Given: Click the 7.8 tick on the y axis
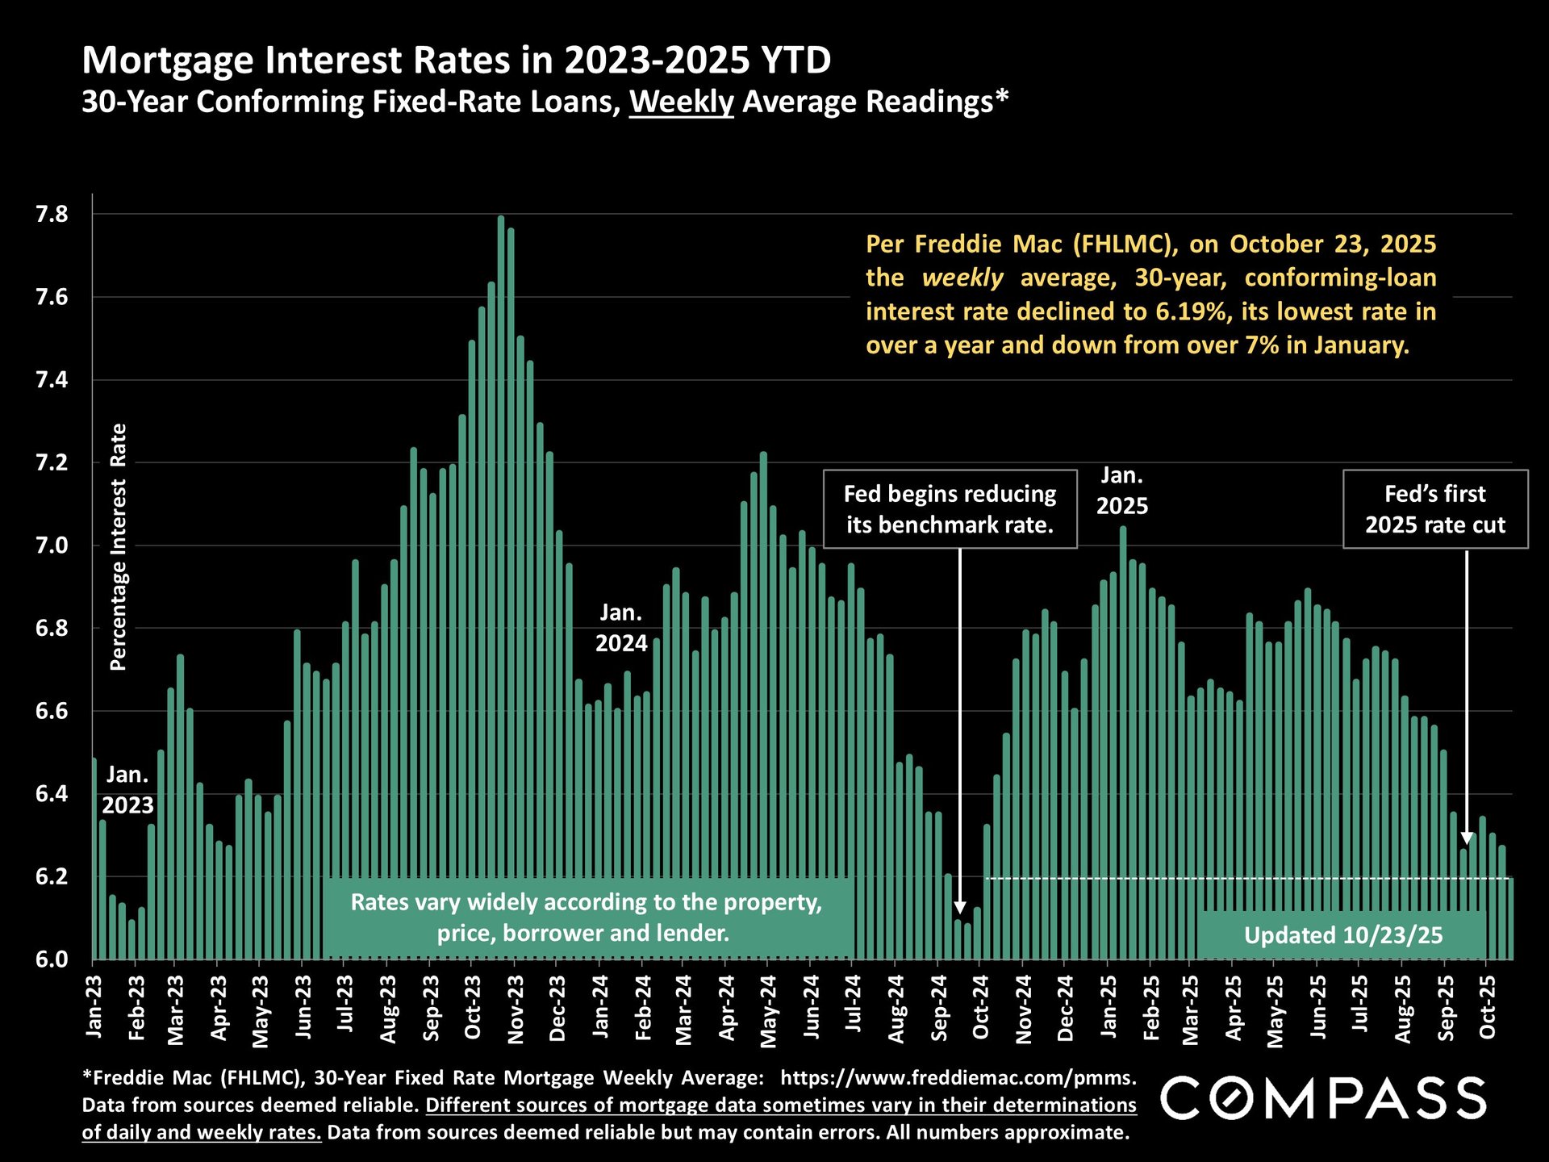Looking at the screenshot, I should point(51,215).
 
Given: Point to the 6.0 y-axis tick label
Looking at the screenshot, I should point(51,959).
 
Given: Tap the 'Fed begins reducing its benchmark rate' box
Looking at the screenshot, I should point(950,509).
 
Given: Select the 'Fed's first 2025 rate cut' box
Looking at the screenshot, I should point(1434,509).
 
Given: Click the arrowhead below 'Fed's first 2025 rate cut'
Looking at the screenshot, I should point(1466,839).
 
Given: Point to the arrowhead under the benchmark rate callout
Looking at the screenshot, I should point(959,909).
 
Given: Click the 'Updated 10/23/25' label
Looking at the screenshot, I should point(1342,935).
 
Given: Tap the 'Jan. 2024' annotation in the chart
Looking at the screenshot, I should point(621,628).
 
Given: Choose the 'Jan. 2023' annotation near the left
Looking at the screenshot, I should point(127,790).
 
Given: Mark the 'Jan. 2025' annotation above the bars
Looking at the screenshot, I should point(1121,491).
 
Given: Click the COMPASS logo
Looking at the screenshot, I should point(1323,1098).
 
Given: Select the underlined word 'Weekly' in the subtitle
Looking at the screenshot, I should point(681,102).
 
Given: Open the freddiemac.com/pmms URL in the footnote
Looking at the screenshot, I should point(958,1078).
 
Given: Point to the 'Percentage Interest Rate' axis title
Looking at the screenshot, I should point(119,547).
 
